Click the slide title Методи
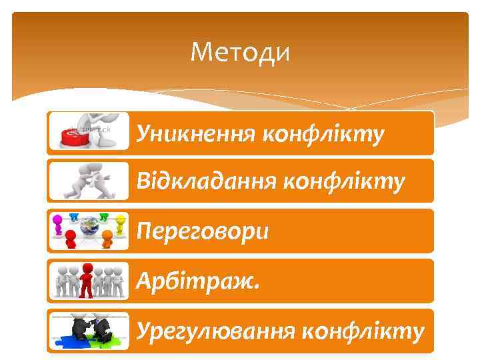pyautogui.click(x=240, y=51)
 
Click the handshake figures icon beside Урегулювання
pyautogui.click(x=89, y=327)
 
